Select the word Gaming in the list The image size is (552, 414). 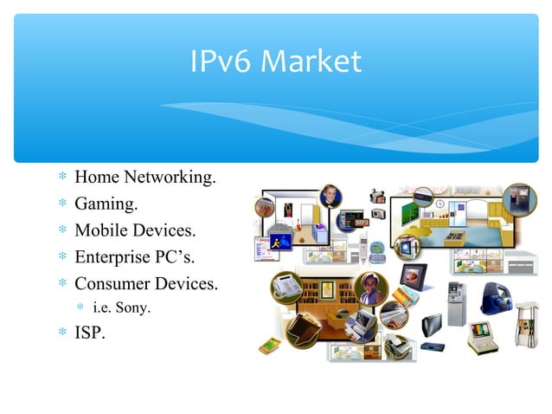(x=104, y=204)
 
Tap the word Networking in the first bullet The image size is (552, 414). (x=170, y=178)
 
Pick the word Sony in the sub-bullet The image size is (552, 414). (x=134, y=306)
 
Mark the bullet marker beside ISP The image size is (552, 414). (x=61, y=332)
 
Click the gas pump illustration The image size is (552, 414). (x=524, y=321)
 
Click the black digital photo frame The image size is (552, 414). (x=413, y=280)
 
